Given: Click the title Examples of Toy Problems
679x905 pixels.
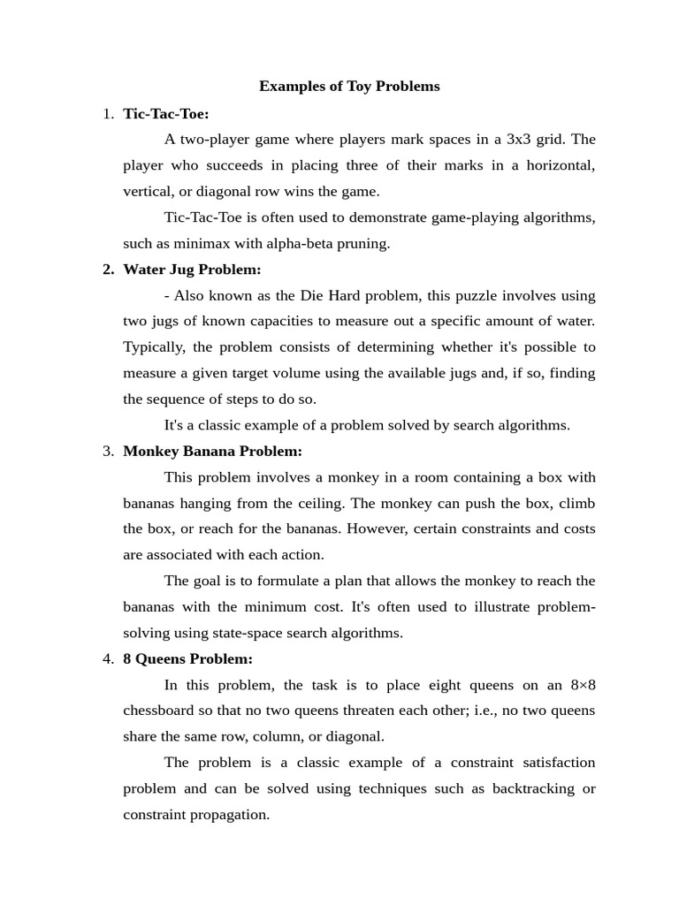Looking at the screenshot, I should (349, 87).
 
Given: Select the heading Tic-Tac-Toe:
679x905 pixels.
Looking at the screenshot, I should (166, 113).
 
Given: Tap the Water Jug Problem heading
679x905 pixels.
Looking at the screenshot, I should (192, 270).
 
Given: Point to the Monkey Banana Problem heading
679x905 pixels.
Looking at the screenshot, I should (212, 452).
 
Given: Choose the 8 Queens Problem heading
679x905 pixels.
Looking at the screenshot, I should (187, 659).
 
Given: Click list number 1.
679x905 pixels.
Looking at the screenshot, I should (108, 113).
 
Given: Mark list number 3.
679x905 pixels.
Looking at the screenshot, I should (108, 452).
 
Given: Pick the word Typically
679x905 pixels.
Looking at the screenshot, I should (154, 347).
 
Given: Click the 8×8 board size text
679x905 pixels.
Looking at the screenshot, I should (583, 685).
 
